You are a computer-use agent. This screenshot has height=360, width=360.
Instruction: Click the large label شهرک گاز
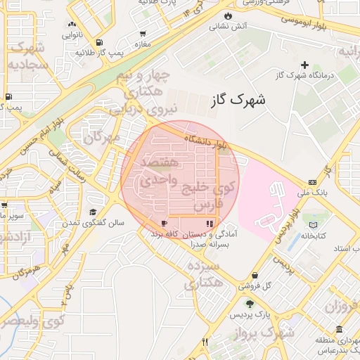click(x=238, y=101)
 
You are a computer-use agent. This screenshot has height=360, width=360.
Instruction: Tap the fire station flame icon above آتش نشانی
click(x=228, y=15)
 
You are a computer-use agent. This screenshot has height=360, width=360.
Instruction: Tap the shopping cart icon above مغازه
click(x=143, y=33)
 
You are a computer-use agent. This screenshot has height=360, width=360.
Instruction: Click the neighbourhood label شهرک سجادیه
click(x=27, y=57)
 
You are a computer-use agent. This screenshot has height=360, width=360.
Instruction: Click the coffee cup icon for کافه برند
click(x=165, y=223)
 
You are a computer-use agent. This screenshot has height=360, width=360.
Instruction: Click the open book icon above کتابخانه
click(x=313, y=225)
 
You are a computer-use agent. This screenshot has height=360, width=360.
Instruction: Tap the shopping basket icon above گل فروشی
click(x=254, y=275)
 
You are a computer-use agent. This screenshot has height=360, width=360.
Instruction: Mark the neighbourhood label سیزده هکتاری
click(x=203, y=275)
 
